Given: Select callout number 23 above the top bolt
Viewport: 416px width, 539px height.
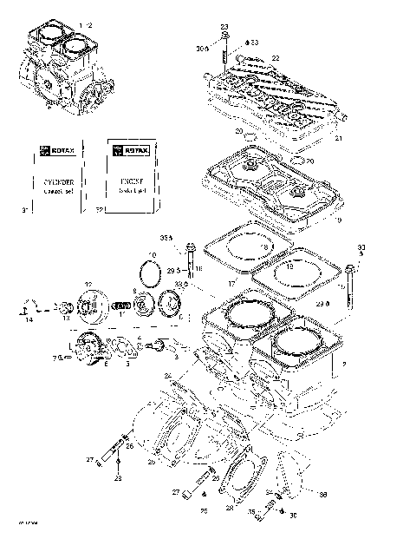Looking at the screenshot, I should click(224, 28).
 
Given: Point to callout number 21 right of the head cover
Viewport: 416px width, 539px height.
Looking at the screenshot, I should click(339, 139).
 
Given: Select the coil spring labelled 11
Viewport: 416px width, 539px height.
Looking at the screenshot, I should click(124, 306).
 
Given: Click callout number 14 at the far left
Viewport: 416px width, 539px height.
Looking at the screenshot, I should click(29, 320).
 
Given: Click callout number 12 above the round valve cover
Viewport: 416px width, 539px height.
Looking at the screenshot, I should click(88, 285).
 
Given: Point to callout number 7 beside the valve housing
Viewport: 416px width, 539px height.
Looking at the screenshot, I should click(55, 357).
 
